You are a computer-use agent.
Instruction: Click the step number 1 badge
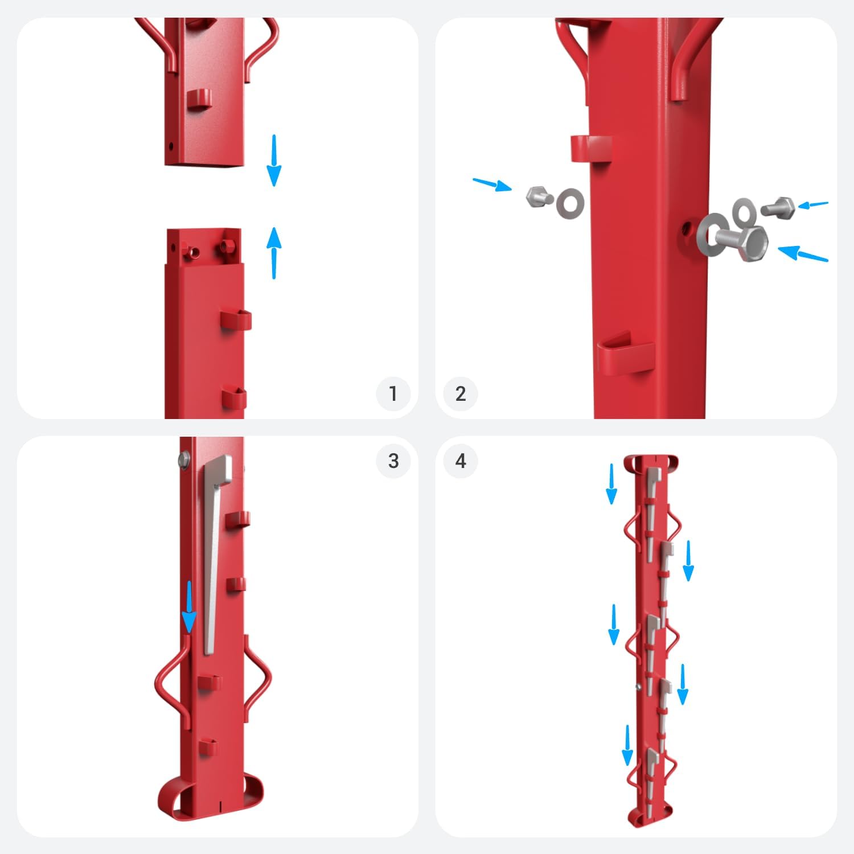tap(393, 393)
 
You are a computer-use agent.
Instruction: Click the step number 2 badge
tap(461, 393)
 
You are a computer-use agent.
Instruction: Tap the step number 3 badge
tap(393, 461)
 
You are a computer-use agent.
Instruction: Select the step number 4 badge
tap(461, 461)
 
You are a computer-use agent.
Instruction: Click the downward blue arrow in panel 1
tap(274, 161)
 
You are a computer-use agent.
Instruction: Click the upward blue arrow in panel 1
tap(274, 253)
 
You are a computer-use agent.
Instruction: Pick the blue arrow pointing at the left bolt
tap(492, 185)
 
